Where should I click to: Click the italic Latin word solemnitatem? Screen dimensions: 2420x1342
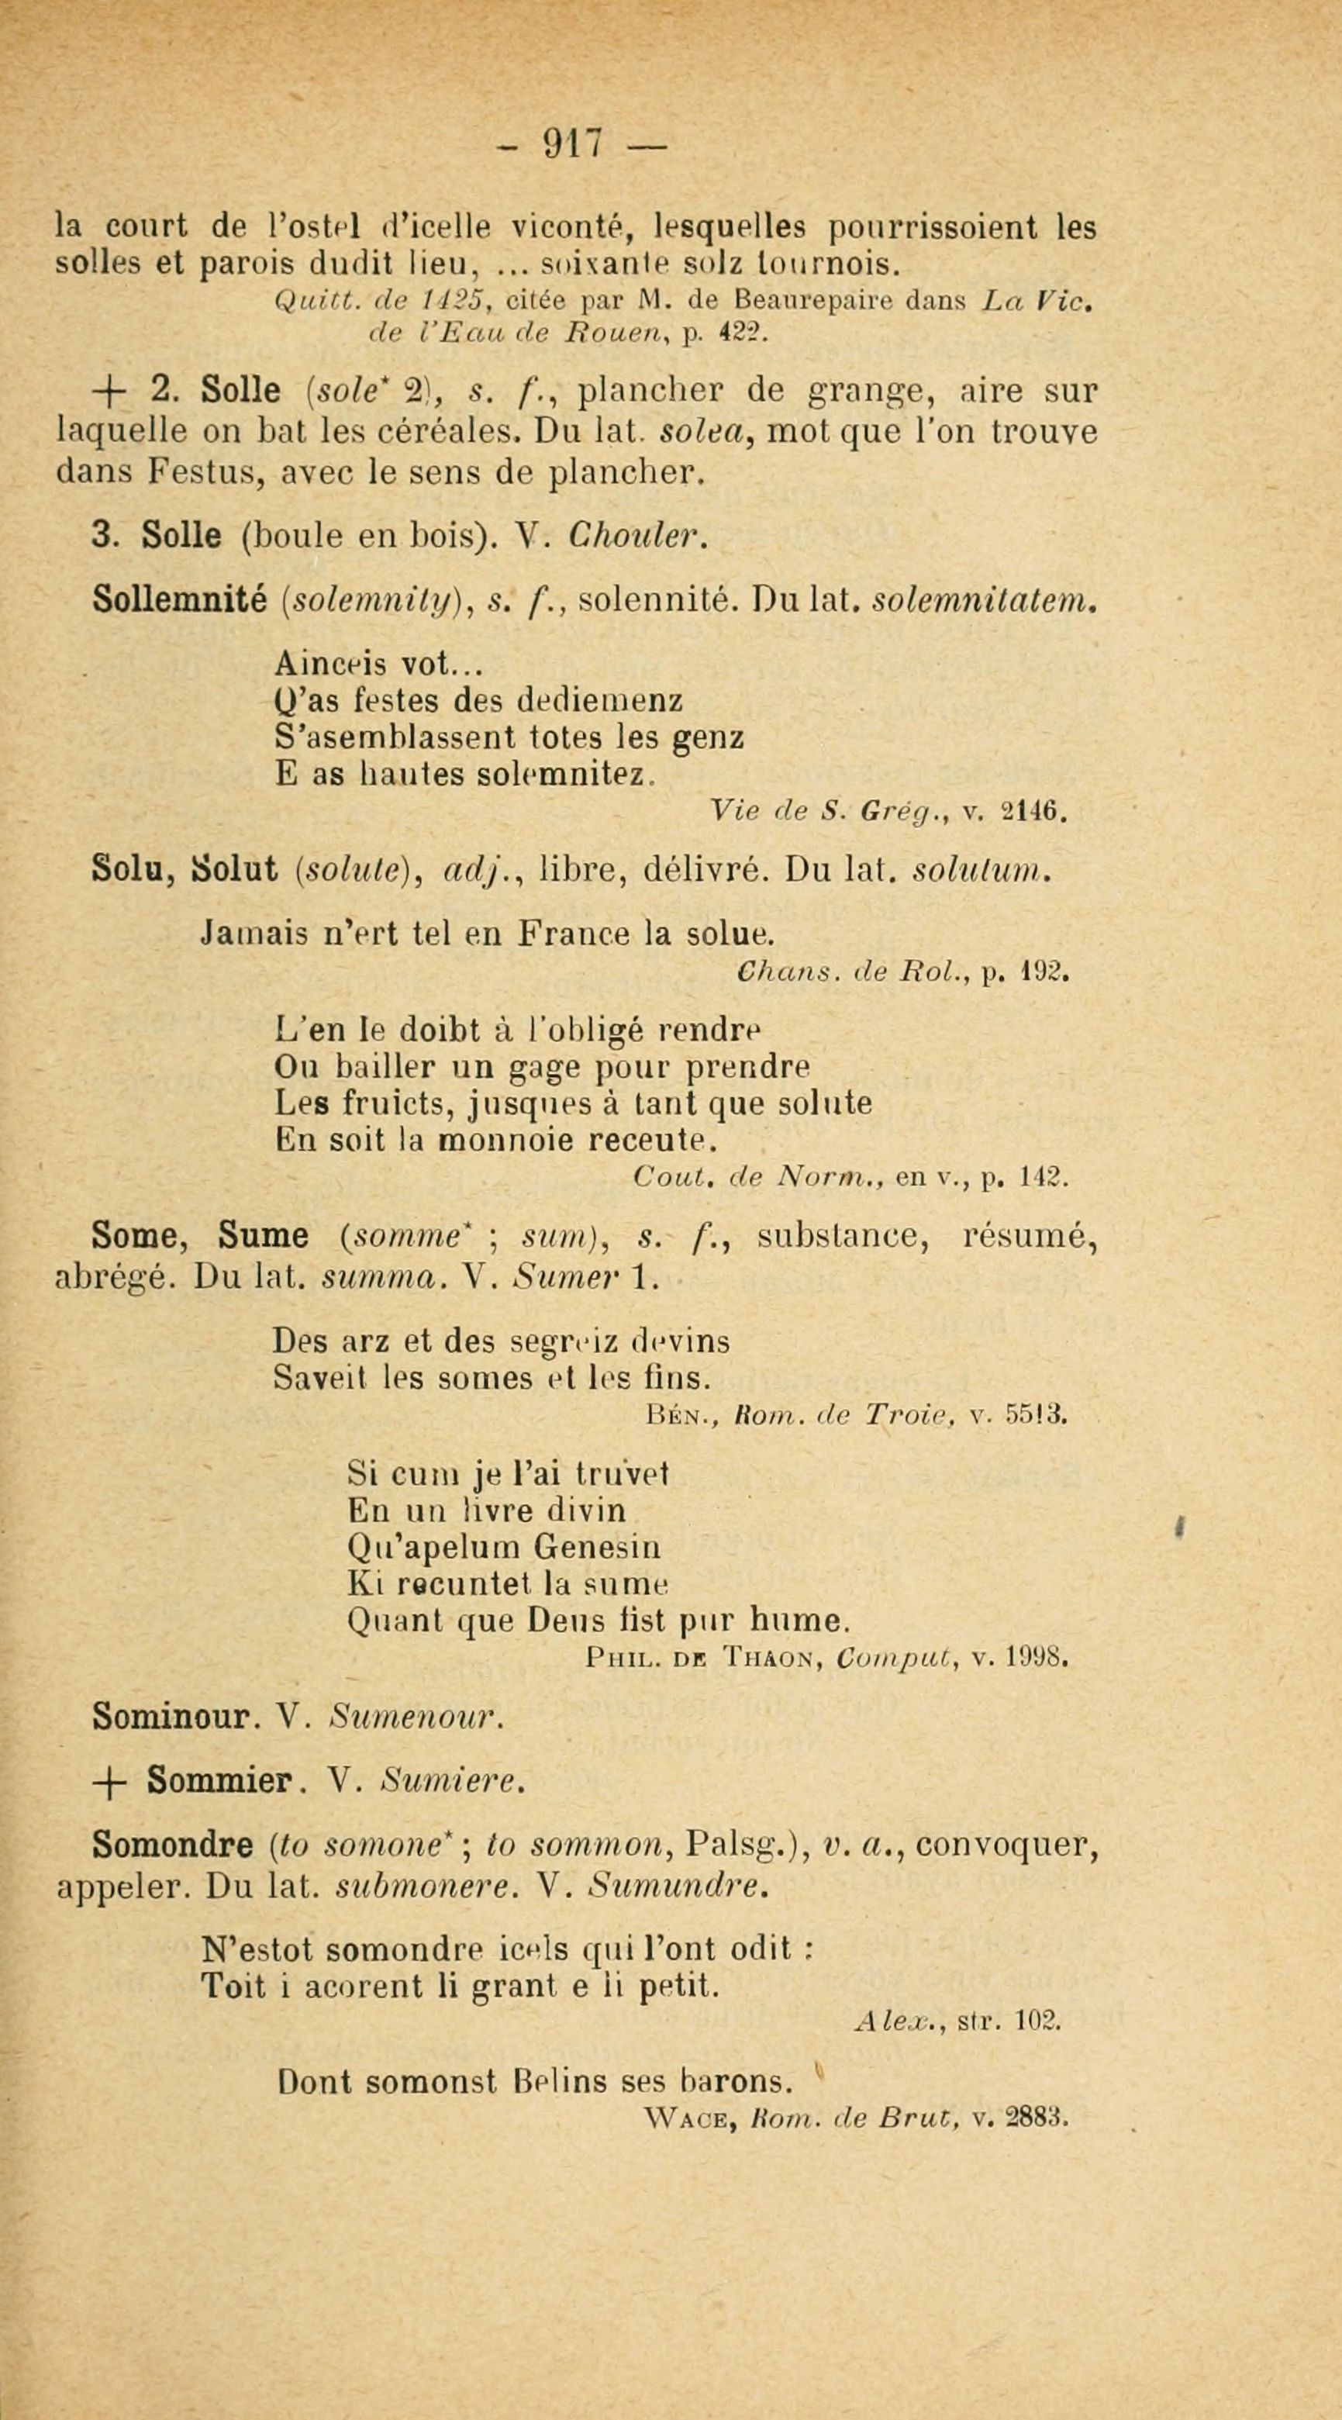[982, 599]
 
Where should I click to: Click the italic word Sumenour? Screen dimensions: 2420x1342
[416, 1717]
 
